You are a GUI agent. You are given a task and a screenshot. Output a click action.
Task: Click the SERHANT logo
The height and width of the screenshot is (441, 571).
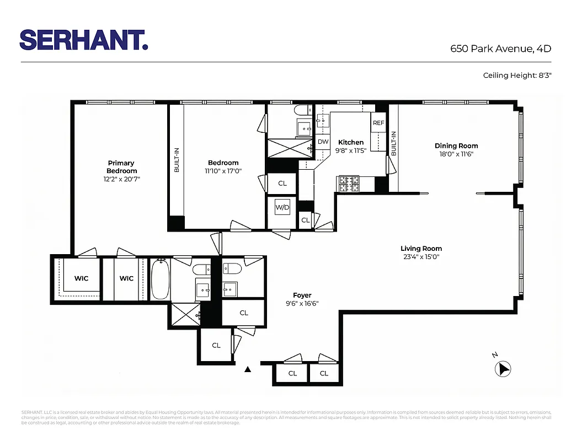[83, 40]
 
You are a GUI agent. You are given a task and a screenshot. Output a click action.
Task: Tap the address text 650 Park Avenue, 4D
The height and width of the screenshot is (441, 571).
[501, 49]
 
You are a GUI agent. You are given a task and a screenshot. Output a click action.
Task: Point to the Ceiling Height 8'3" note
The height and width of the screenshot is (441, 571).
[517, 75]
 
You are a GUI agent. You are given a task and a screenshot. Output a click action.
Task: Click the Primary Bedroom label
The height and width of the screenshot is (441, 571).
[121, 166]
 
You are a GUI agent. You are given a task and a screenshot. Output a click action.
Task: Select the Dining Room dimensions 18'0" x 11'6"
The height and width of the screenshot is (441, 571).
[456, 154]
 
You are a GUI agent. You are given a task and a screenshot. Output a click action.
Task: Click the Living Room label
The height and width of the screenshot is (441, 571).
[421, 249]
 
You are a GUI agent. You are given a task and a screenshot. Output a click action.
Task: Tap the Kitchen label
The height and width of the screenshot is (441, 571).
[351, 142]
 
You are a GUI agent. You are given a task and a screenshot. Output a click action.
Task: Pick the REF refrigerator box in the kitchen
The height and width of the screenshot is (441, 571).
[378, 123]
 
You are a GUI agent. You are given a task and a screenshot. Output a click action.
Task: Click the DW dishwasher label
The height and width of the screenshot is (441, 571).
[323, 142]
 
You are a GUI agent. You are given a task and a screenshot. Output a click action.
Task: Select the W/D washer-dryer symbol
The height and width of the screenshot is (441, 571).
[282, 208]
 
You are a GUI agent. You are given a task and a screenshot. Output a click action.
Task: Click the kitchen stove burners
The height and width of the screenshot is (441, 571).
[348, 184]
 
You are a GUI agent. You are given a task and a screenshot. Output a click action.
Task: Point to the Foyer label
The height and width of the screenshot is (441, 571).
[302, 295]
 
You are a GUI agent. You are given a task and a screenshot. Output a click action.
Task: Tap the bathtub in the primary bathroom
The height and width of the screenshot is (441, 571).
[160, 279]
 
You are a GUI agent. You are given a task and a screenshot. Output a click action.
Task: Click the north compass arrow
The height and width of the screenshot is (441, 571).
[503, 368]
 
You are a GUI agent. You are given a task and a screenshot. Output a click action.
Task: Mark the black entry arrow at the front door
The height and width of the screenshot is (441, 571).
[248, 369]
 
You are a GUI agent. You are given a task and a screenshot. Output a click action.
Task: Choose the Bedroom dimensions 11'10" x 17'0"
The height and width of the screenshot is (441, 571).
[223, 171]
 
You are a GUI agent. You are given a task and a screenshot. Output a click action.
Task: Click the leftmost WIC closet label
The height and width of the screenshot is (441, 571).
[82, 278]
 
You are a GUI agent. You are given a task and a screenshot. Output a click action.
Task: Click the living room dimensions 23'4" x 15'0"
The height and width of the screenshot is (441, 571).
[421, 256]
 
